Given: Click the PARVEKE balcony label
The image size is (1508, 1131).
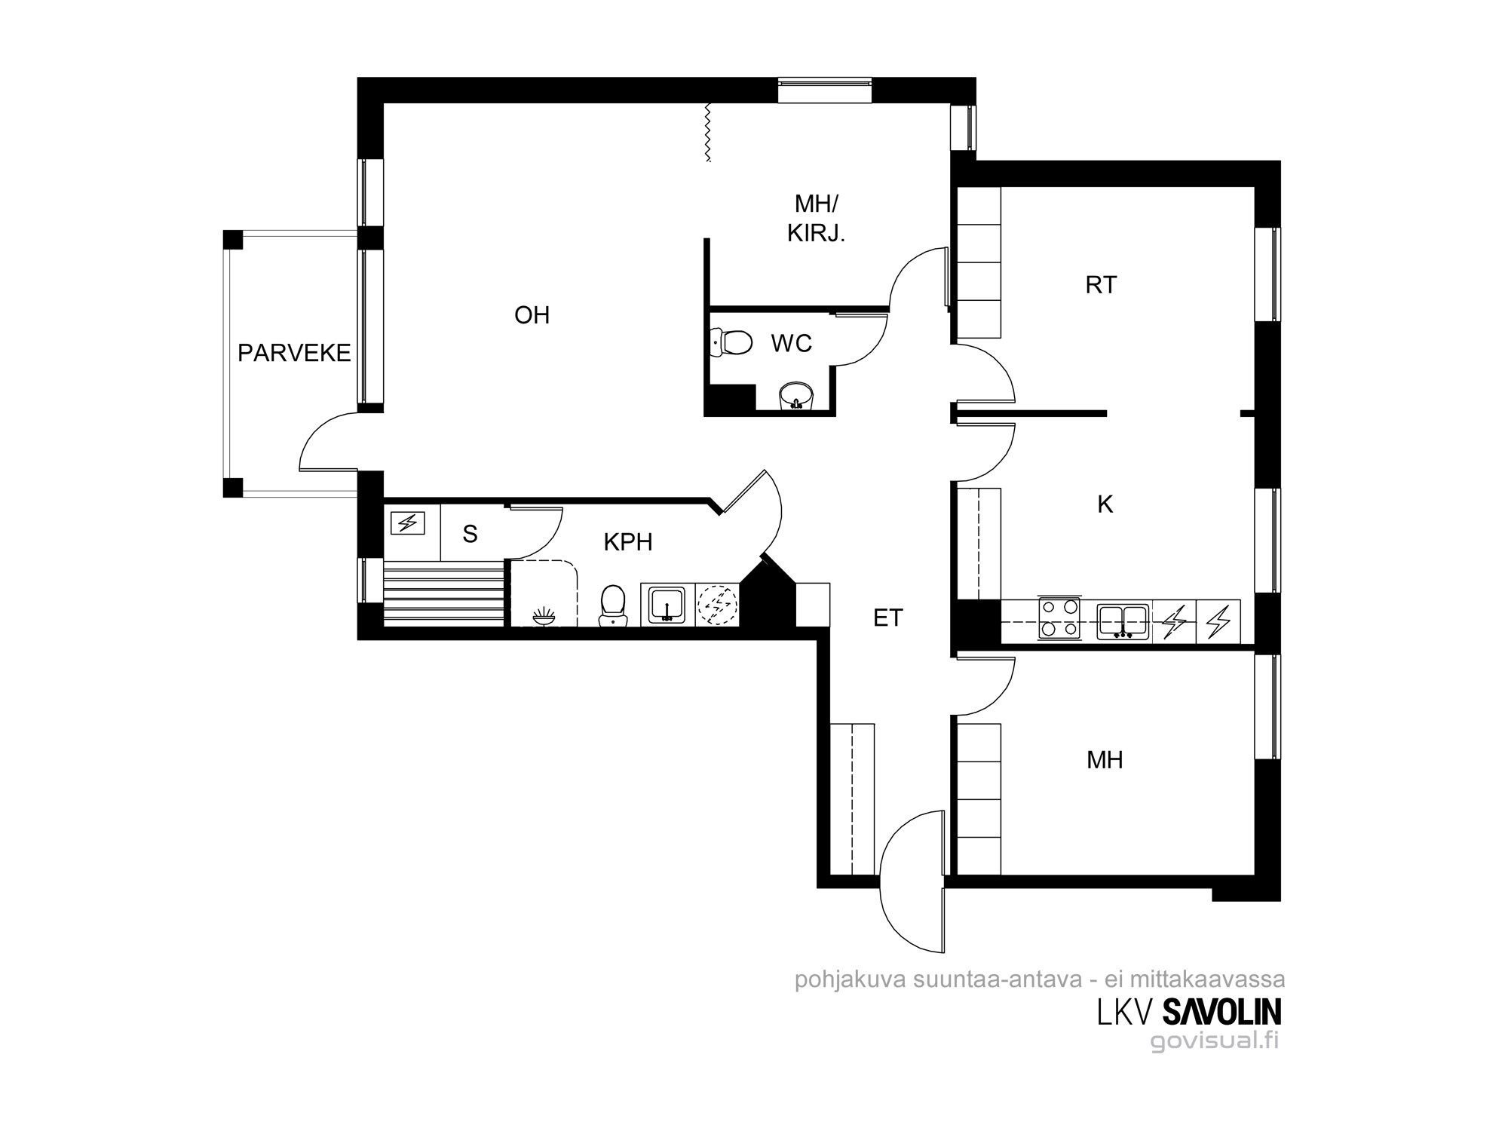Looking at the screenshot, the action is point(294,353).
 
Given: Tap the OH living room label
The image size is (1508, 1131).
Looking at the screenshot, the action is point(532,315).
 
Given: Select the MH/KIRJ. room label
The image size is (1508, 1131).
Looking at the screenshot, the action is point(817,219).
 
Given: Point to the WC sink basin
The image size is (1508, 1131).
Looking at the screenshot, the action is point(795,394).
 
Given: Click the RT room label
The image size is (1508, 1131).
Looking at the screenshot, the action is point(1101,285).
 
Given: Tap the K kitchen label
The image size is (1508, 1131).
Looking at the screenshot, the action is point(1105,504).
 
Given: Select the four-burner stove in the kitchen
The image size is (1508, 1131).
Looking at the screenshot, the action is point(1059,619).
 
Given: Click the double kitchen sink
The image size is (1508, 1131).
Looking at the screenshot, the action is point(1123,621).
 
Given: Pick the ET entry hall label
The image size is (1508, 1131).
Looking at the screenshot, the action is point(888,618).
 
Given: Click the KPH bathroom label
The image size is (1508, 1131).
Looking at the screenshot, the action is point(628,542).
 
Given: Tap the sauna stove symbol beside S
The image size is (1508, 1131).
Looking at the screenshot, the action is point(408,522).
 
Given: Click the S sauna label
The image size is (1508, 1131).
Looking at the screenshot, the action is point(470,535).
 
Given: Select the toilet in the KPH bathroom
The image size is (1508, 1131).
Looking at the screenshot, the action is point(613,606).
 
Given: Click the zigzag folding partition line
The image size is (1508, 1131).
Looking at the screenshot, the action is point(707,133).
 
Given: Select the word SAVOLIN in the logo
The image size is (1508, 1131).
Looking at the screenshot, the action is point(1221,1013).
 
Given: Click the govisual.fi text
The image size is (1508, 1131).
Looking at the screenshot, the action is point(1214,1041).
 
